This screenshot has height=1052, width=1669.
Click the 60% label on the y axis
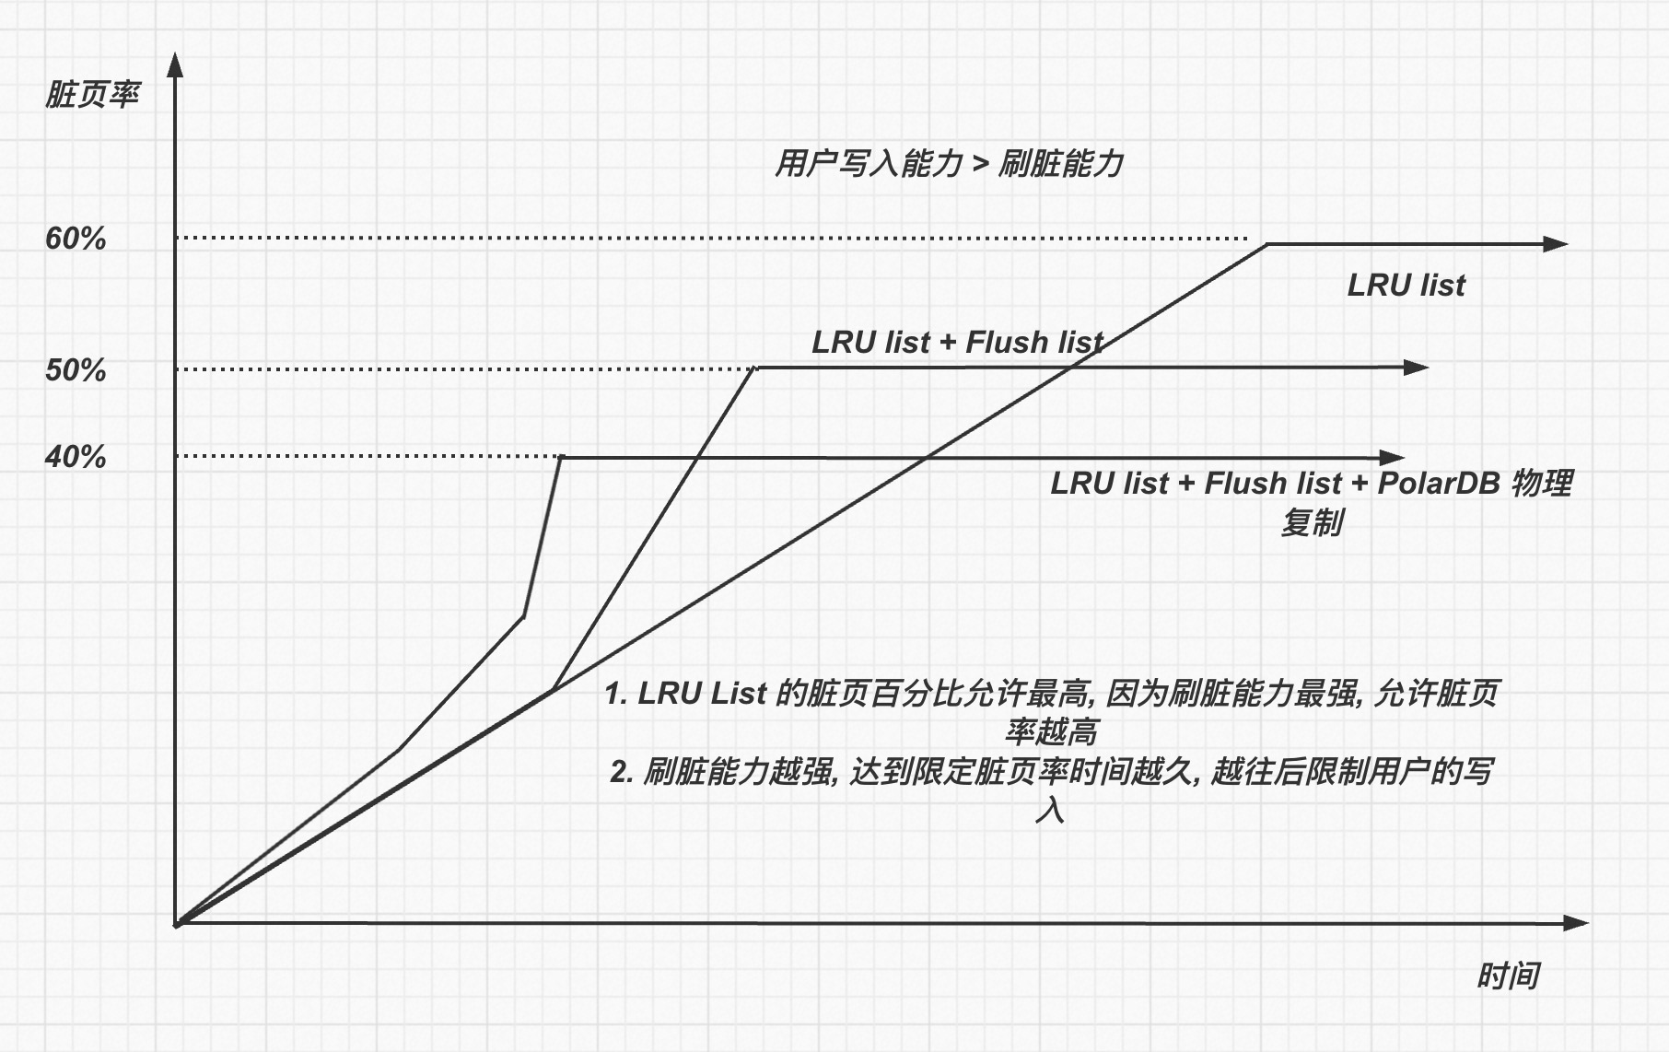click(x=76, y=240)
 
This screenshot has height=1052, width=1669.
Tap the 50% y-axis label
click(x=76, y=370)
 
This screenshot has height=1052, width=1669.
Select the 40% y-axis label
click(x=76, y=457)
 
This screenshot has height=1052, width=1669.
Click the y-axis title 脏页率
click(x=92, y=95)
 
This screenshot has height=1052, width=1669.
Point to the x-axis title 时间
click(x=1508, y=976)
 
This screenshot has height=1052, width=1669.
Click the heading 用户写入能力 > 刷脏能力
click(x=949, y=164)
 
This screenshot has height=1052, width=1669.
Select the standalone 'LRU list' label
click(x=1406, y=286)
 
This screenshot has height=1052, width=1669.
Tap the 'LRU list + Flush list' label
click(x=957, y=343)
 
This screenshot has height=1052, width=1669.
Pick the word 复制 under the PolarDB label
click(x=1312, y=523)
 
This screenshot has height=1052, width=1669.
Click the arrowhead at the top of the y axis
click(x=175, y=64)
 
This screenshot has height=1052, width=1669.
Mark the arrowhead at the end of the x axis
click(x=1577, y=923)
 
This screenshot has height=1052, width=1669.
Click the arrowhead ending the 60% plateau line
click(x=1556, y=244)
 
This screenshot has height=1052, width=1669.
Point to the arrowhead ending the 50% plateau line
click(x=1417, y=368)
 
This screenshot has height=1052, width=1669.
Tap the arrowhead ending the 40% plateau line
click(x=1394, y=457)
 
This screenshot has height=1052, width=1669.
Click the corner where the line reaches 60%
click(x=1267, y=244)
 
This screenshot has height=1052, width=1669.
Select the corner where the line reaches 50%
click(x=755, y=368)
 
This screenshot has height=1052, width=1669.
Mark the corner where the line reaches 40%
click(x=561, y=457)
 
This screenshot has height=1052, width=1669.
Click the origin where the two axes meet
click(x=176, y=923)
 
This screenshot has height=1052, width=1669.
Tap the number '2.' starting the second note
click(x=621, y=771)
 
